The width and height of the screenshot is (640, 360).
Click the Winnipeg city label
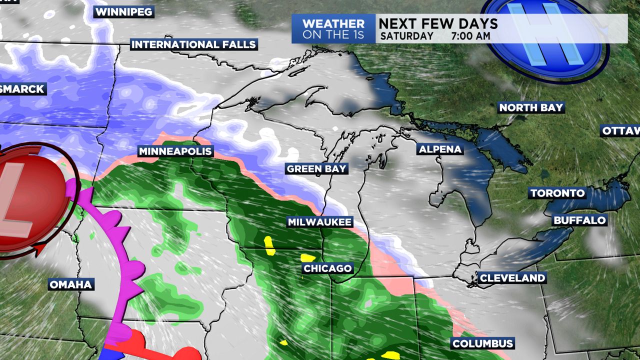tap(123, 12)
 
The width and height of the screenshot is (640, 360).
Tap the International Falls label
tap(193, 44)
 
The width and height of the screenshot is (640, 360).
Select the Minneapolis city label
tap(175, 151)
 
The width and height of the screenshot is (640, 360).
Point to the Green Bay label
tap(316, 169)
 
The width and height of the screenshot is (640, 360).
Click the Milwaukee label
tap(319, 222)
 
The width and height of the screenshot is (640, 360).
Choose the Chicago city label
tap(327, 268)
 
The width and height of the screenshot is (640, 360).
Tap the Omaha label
tap(71, 284)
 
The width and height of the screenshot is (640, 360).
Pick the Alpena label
tap(440, 149)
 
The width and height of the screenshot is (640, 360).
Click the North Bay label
tap(531, 107)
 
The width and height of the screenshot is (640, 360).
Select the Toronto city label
tap(557, 193)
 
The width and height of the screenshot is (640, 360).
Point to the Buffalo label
tap(579, 220)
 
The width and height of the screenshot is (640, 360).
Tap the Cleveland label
tap(512, 278)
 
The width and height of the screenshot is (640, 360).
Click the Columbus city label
tap(482, 343)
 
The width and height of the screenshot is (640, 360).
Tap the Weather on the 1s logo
tap(333, 29)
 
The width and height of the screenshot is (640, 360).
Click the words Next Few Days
tap(438, 23)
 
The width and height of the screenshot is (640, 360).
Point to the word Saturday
tap(406, 36)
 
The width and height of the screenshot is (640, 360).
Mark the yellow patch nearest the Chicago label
tap(307, 258)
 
